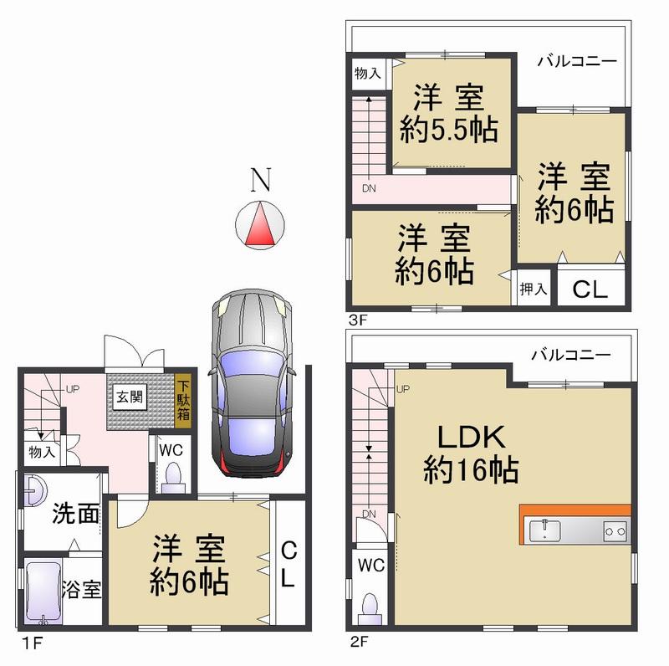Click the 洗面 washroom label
(75, 514)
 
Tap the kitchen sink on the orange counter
(546, 530)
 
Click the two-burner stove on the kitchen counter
(615, 530)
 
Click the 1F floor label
(28, 645)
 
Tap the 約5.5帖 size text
(448, 130)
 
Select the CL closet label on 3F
(590, 289)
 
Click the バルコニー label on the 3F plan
(577, 61)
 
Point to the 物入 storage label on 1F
(39, 453)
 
